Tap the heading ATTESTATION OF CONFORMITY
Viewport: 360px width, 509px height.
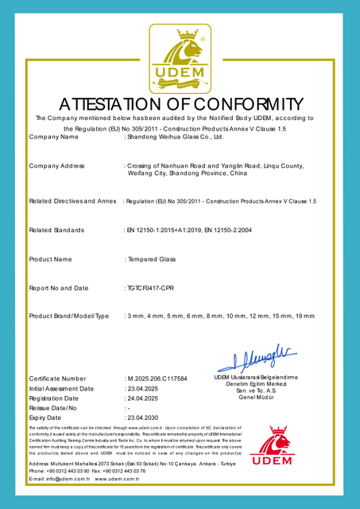[x=180, y=104]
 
